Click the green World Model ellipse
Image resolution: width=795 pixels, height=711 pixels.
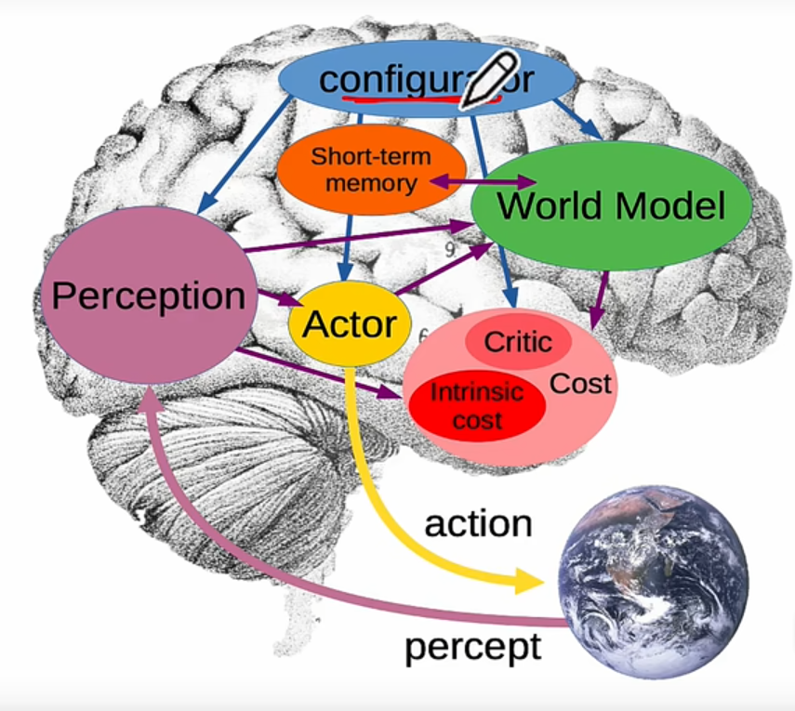pos(610,205)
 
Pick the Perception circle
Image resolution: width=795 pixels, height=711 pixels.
pos(149,296)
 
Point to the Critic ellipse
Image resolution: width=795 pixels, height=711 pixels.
pos(518,342)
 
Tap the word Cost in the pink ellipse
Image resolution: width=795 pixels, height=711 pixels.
pos(581,383)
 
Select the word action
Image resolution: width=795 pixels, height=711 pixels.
pos(478,523)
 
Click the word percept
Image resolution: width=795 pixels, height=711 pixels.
pos(472,646)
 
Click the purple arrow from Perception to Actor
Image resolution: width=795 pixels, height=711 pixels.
pos(276,299)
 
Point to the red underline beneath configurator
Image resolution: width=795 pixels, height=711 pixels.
pos(409,96)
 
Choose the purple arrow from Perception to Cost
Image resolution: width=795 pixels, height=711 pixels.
pos(316,373)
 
